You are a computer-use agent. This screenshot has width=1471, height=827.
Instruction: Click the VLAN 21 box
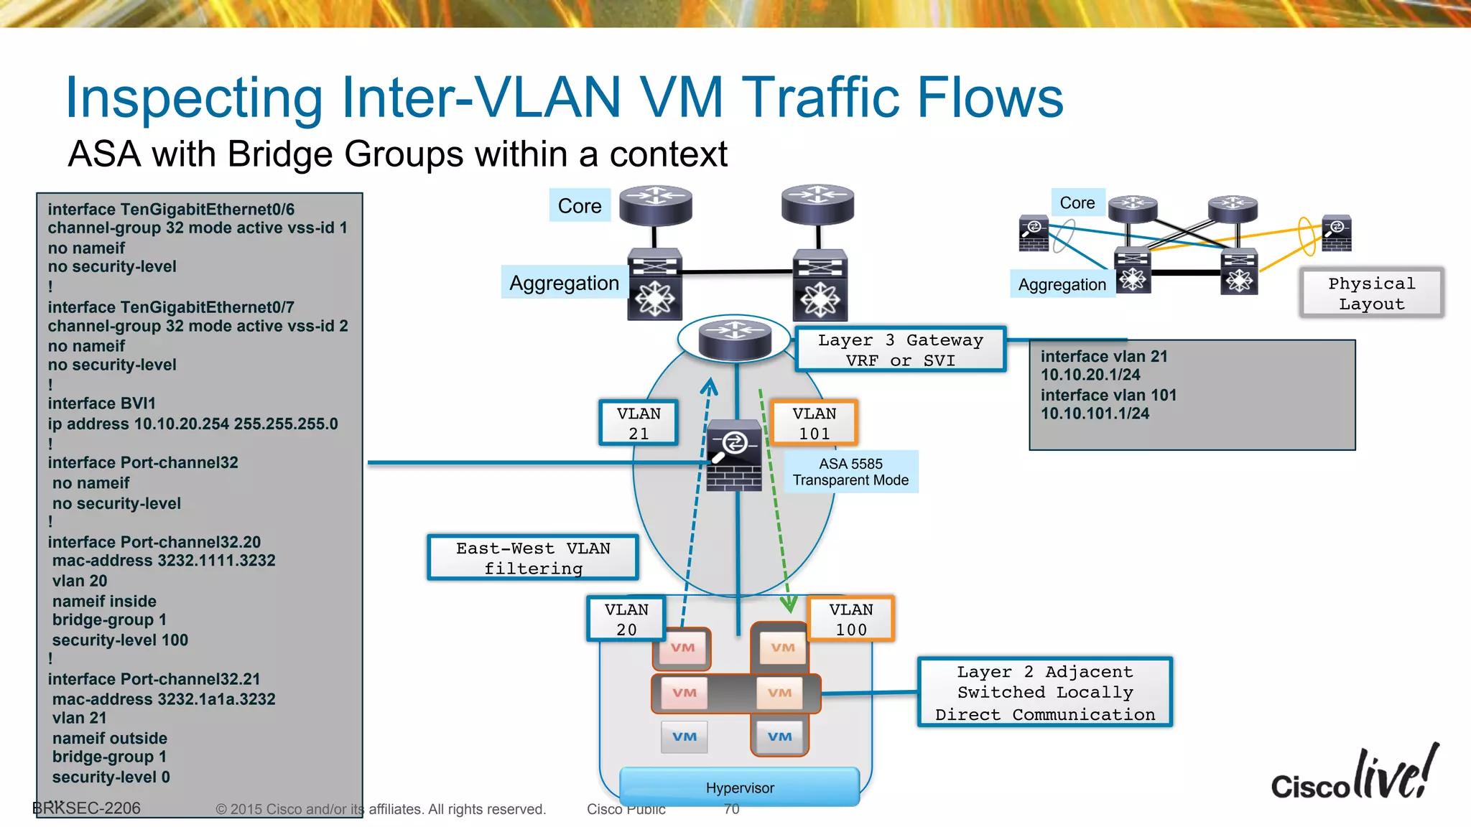639,423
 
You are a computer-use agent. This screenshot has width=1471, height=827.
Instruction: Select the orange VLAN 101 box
814,423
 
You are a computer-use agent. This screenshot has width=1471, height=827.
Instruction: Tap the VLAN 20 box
626,619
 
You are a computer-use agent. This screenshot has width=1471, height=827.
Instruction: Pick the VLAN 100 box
851,619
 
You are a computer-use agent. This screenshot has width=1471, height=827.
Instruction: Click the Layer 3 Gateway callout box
900,350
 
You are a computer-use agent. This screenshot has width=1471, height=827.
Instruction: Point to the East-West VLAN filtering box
533,558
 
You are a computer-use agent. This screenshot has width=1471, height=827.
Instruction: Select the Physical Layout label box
1371,293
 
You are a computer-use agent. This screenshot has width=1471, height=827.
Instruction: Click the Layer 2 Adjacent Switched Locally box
1045,693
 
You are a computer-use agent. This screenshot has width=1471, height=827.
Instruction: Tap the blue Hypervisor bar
740,788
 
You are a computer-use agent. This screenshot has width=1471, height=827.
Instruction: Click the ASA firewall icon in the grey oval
734,457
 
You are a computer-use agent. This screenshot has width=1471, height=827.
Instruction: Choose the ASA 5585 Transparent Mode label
850,472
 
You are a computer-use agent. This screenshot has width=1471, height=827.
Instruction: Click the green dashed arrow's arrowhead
789,604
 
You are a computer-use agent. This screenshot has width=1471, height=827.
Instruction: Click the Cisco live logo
1355,775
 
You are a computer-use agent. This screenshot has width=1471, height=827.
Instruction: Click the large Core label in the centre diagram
580,206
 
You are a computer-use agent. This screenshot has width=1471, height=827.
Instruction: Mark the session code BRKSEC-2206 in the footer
87,808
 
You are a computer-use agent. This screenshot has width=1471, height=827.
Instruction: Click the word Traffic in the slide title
823,98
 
